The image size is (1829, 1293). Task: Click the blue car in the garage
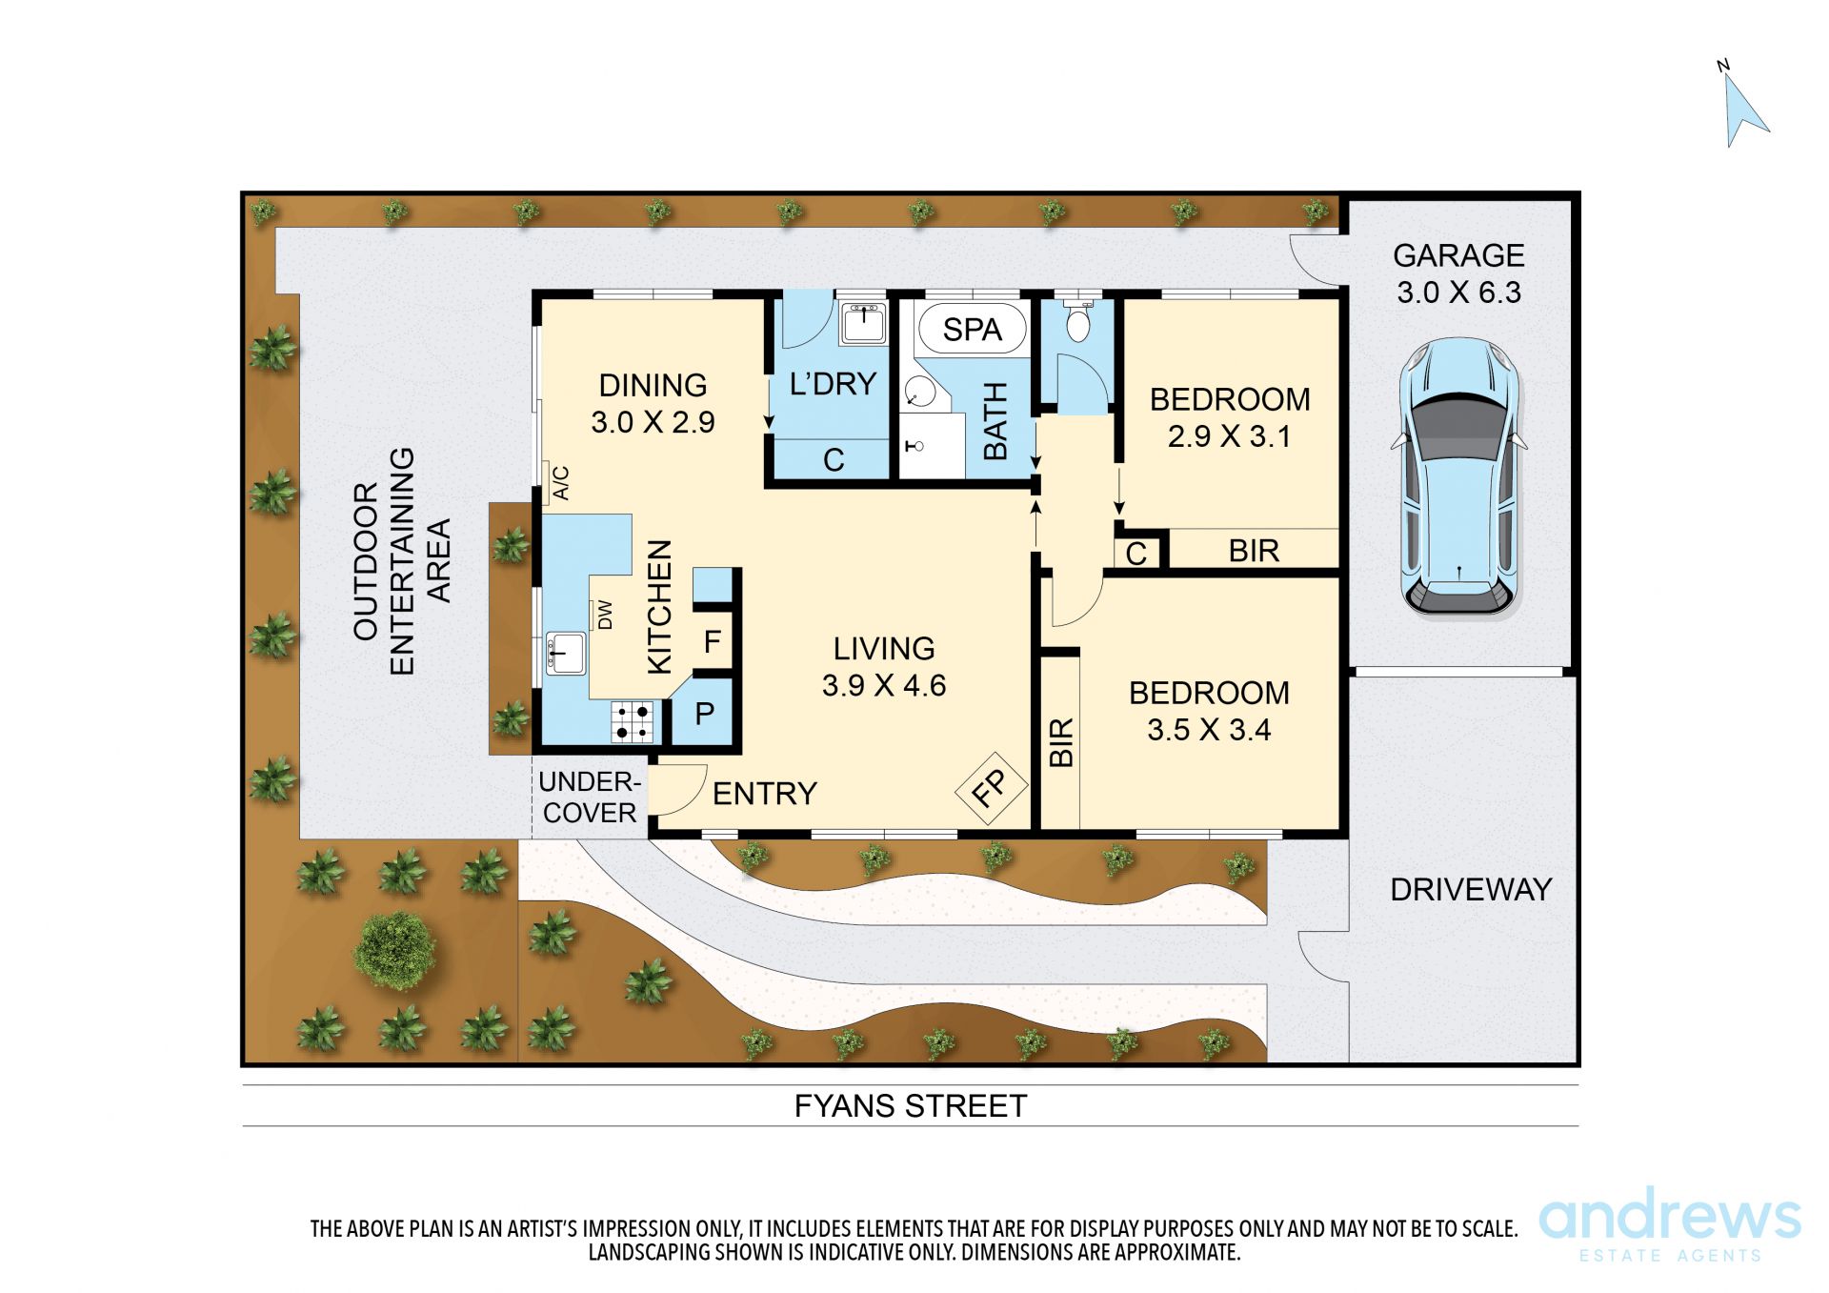pyautogui.click(x=1458, y=476)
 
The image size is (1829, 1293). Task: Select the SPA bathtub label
pyautogui.click(x=972, y=330)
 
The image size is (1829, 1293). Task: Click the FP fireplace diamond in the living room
pyautogui.click(x=991, y=787)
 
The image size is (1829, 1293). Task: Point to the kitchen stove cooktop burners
pyautogui.click(x=633, y=721)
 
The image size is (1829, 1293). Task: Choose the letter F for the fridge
pyautogui.click(x=712, y=642)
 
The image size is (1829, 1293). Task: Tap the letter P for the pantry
pyautogui.click(x=705, y=714)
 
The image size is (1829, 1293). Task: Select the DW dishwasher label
pyautogui.click(x=605, y=616)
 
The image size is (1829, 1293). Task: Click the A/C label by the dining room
pyautogui.click(x=561, y=483)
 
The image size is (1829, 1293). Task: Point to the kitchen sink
pyautogui.click(x=566, y=654)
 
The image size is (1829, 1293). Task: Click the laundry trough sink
pyautogui.click(x=863, y=323)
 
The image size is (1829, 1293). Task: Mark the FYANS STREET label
pyautogui.click(x=911, y=1106)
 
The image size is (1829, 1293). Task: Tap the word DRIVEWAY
pyautogui.click(x=1471, y=890)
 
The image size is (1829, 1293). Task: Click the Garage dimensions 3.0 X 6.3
pyautogui.click(x=1458, y=293)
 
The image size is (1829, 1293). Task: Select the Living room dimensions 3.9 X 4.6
pyautogui.click(x=884, y=686)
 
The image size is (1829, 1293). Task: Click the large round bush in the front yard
pyautogui.click(x=394, y=950)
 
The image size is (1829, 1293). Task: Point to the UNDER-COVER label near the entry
pyautogui.click(x=589, y=798)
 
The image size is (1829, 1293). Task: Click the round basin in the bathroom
pyautogui.click(x=920, y=392)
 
